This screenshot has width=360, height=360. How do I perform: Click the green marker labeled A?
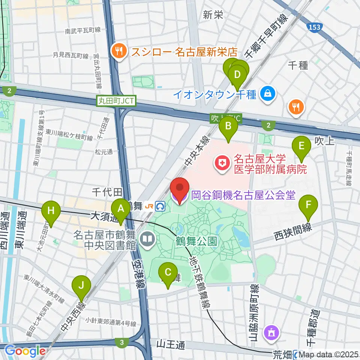(x=121, y=209)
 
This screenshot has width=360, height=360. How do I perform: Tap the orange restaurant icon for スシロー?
(x=119, y=51)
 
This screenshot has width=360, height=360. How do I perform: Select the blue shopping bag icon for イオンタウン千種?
(x=268, y=93)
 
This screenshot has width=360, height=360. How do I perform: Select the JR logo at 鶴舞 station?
(x=149, y=206)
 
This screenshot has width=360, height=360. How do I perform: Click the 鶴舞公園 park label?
(x=196, y=241)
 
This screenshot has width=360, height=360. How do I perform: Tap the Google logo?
(x=25, y=351)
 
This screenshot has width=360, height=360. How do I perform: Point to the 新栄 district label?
(x=213, y=15)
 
